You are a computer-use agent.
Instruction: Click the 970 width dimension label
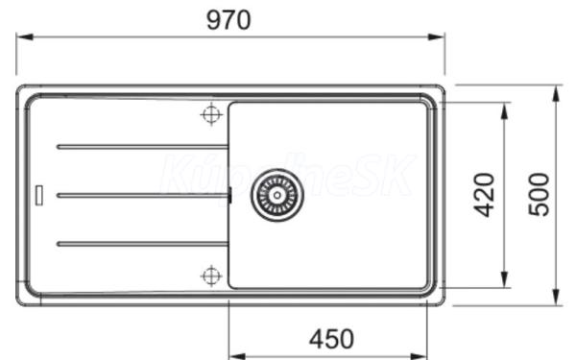pyautogui.click(x=228, y=20)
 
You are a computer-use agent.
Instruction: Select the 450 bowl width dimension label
pyautogui.click(x=331, y=339)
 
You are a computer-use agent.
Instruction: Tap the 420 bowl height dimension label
pyautogui.click(x=484, y=195)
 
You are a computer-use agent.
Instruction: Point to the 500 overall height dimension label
pyautogui.click(x=539, y=194)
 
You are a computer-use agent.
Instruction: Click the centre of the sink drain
pyautogui.click(x=277, y=195)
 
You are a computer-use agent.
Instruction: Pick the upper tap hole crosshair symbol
pyautogui.click(x=211, y=114)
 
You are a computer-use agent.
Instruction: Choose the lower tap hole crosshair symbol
pyautogui.click(x=211, y=276)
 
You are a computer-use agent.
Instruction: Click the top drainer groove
pyautogui.click(x=142, y=147)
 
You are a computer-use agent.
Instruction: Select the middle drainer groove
pyautogui.click(x=142, y=196)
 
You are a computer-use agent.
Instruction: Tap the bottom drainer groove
pyautogui.click(x=142, y=244)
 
